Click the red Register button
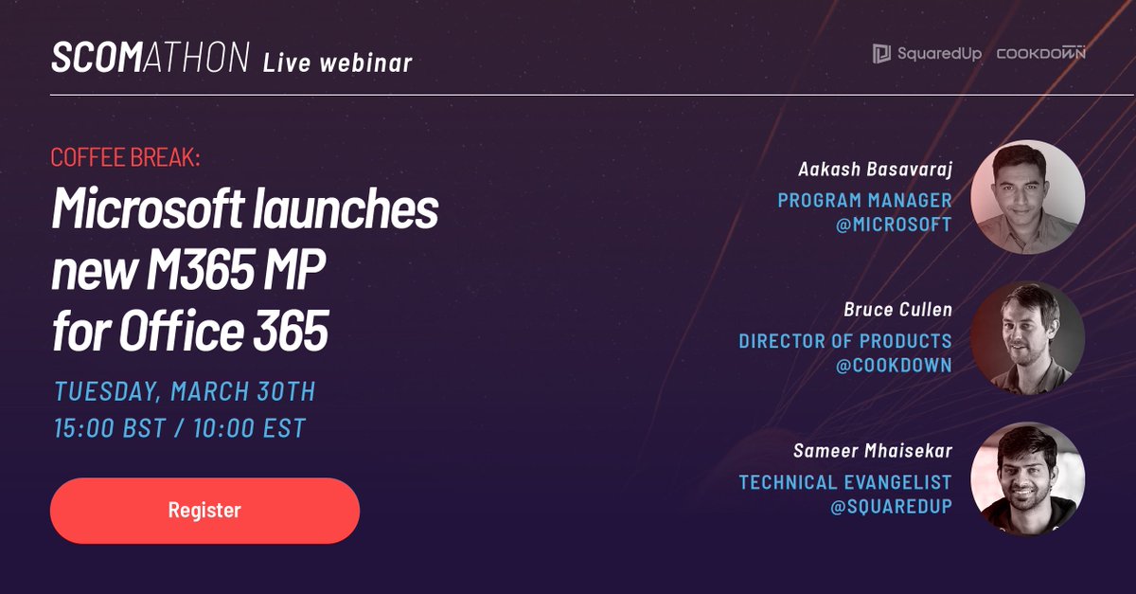tap(204, 511)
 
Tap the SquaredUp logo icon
tap(881, 53)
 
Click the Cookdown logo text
tap(1040, 53)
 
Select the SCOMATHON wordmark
tap(151, 58)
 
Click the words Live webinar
tap(337, 63)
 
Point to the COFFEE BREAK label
tap(125, 157)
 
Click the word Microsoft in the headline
tap(148, 208)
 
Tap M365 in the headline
tap(201, 269)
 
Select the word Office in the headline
tap(181, 330)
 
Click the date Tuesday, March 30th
tap(186, 391)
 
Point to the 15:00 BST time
tap(110, 428)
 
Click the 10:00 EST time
tap(249, 428)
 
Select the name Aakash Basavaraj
tap(876, 169)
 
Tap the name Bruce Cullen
tap(898, 309)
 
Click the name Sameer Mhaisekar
tap(873, 450)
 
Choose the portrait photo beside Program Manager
tap(1028, 197)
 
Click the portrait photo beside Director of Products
tap(1028, 338)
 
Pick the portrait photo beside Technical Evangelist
tap(1028, 478)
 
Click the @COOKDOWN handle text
tap(894, 366)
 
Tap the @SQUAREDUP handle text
tap(891, 507)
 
